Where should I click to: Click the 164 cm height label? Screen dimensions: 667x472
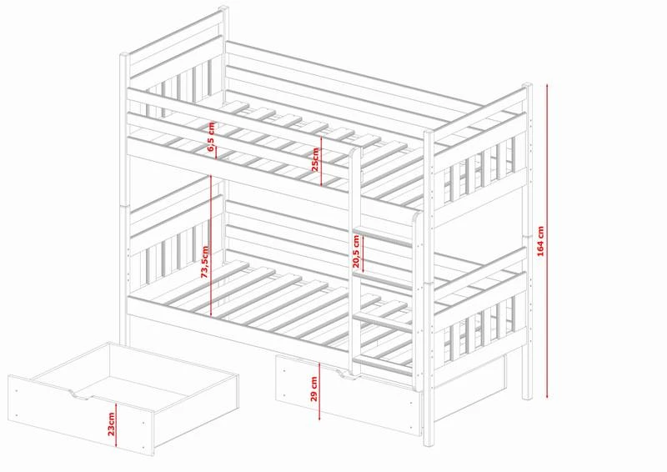pyautogui.click(x=540, y=241)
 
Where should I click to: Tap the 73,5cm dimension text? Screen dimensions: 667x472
pyautogui.click(x=204, y=262)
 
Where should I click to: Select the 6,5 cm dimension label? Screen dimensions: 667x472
pyautogui.click(x=212, y=137)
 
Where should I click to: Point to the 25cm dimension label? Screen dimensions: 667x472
pyautogui.click(x=315, y=159)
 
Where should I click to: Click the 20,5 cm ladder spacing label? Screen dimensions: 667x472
pyautogui.click(x=356, y=252)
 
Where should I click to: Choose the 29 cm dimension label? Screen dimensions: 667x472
pyautogui.click(x=314, y=389)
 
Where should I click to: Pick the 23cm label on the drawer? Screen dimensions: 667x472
pyautogui.click(x=111, y=424)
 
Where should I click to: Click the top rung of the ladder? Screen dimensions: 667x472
pyautogui.click(x=383, y=237)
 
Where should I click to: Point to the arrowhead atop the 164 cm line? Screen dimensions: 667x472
pyautogui.click(x=547, y=87)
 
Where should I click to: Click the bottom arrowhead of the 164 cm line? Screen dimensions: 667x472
pyautogui.click(x=547, y=395)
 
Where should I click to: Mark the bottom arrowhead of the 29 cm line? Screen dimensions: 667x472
pyautogui.click(x=319, y=417)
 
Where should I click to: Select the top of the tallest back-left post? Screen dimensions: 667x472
pyautogui.click(x=223, y=8)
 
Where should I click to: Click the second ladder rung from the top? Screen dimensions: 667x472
pyautogui.click(x=384, y=279)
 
